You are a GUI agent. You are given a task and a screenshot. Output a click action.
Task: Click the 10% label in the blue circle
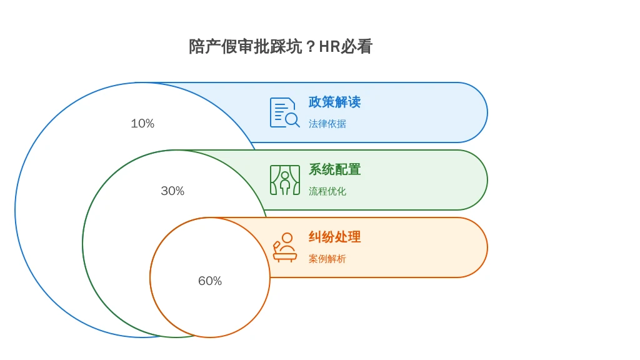tap(142, 123)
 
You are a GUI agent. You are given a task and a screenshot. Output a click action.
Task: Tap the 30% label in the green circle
tap(172, 191)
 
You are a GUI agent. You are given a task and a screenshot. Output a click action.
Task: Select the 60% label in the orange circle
tap(210, 281)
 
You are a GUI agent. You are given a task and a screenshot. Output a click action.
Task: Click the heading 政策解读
tap(335, 102)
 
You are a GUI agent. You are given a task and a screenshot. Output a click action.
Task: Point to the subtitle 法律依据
tap(327, 124)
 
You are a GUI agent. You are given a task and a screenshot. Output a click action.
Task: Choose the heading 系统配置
tap(335, 169)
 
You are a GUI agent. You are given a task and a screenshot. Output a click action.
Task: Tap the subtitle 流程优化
tap(327, 191)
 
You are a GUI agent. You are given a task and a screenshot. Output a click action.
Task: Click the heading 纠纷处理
tap(335, 237)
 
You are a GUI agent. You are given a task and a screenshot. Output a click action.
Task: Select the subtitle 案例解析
tap(327, 259)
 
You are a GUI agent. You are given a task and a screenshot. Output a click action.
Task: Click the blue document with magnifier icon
tap(285, 112)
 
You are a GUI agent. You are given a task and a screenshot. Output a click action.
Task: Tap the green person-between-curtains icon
tap(285, 180)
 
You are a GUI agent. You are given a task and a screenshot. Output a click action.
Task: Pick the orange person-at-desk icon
tap(285, 247)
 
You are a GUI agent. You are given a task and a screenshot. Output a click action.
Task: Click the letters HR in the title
tap(329, 46)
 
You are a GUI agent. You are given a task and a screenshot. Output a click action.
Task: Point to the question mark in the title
tap(311, 47)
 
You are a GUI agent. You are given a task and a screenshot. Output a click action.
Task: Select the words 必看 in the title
tap(356, 46)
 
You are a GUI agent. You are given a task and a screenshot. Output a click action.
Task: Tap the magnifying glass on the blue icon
tap(292, 120)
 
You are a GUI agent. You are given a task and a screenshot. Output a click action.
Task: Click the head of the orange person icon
tap(287, 238)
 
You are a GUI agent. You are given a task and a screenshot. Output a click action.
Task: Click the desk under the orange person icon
tap(285, 257)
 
